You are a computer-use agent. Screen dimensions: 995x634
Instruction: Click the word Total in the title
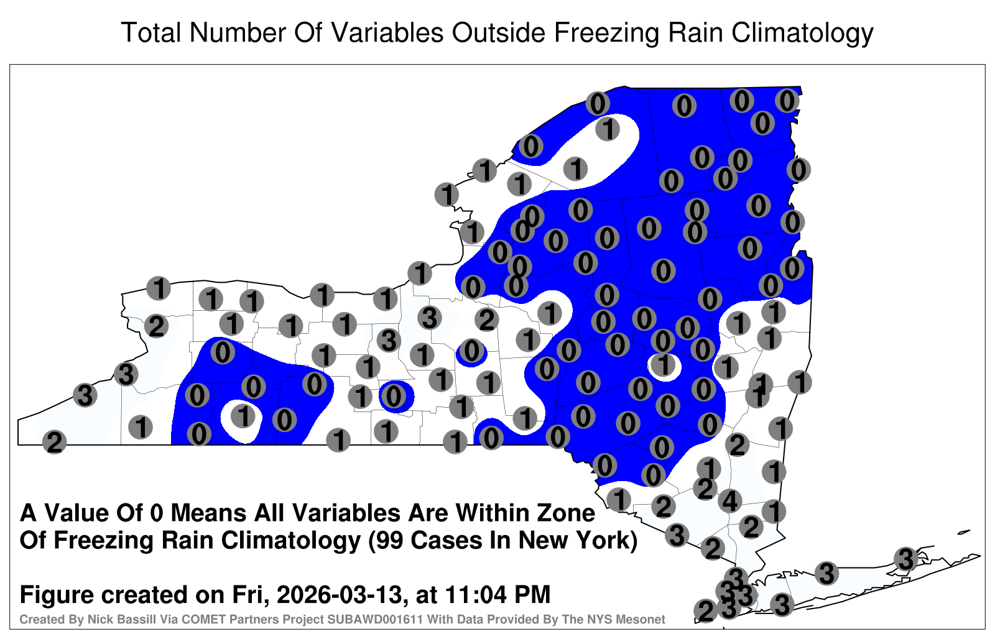(151, 32)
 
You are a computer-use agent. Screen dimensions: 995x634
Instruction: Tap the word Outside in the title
(498, 32)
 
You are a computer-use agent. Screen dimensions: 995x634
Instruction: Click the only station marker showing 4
(730, 501)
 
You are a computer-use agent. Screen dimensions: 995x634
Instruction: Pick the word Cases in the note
(447, 540)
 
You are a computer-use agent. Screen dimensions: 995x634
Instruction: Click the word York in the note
(603, 540)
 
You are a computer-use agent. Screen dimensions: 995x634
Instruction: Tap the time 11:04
(476, 595)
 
